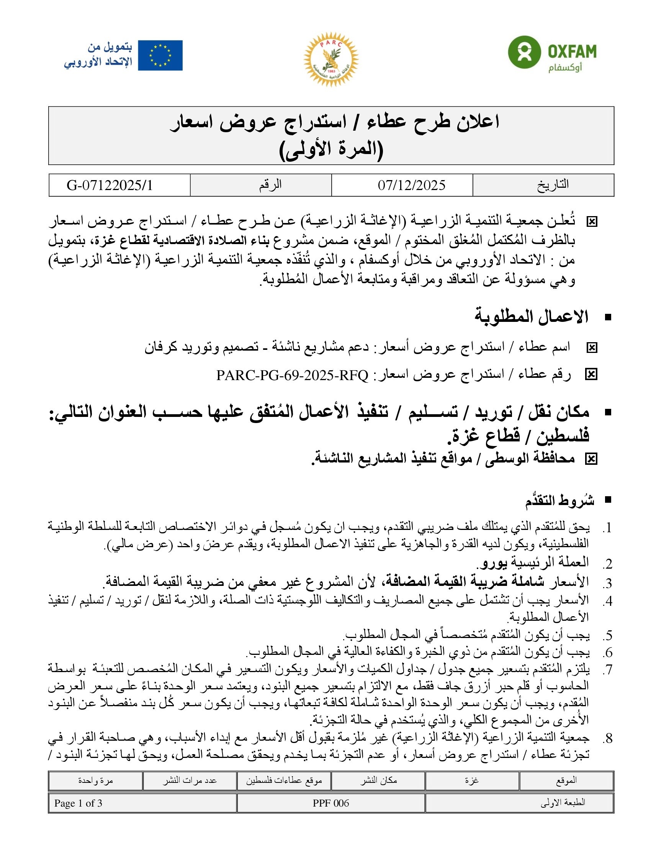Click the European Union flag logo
[160, 55]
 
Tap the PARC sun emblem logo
[330, 59]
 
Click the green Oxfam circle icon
[524, 52]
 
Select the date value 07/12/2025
[411, 185]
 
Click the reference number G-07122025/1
[110, 185]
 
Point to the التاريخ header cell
[553, 185]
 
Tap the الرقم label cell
[270, 185]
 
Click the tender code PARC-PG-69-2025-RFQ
[292, 375]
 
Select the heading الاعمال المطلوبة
[531, 317]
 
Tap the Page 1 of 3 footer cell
[78, 803]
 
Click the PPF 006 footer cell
[330, 803]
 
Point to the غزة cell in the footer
[471, 780]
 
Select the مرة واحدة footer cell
[95, 780]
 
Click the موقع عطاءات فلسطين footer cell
[284, 780]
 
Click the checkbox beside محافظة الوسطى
[591, 459]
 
